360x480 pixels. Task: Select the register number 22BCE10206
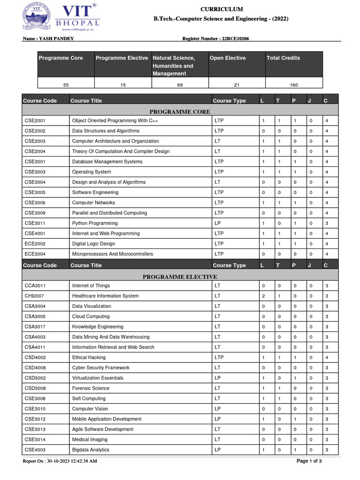pos(232,38)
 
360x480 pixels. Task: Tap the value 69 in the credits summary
pos(180,85)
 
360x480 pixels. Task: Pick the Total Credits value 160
pos(294,85)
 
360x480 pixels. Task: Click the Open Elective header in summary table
pos(227,58)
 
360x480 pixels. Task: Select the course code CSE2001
pos(35,120)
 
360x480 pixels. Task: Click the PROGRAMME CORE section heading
pos(180,112)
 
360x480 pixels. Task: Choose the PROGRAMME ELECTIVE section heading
pos(180,277)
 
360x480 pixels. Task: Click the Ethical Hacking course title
pos(89,357)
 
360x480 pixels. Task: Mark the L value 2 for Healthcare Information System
pos(263,296)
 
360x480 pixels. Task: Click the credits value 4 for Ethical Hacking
pos(326,357)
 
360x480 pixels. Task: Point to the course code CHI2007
pos(34,296)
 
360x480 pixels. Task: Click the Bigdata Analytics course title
pos(90,450)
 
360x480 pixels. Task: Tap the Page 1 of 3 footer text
pos(309,461)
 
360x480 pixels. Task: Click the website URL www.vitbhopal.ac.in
pos(78,29)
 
